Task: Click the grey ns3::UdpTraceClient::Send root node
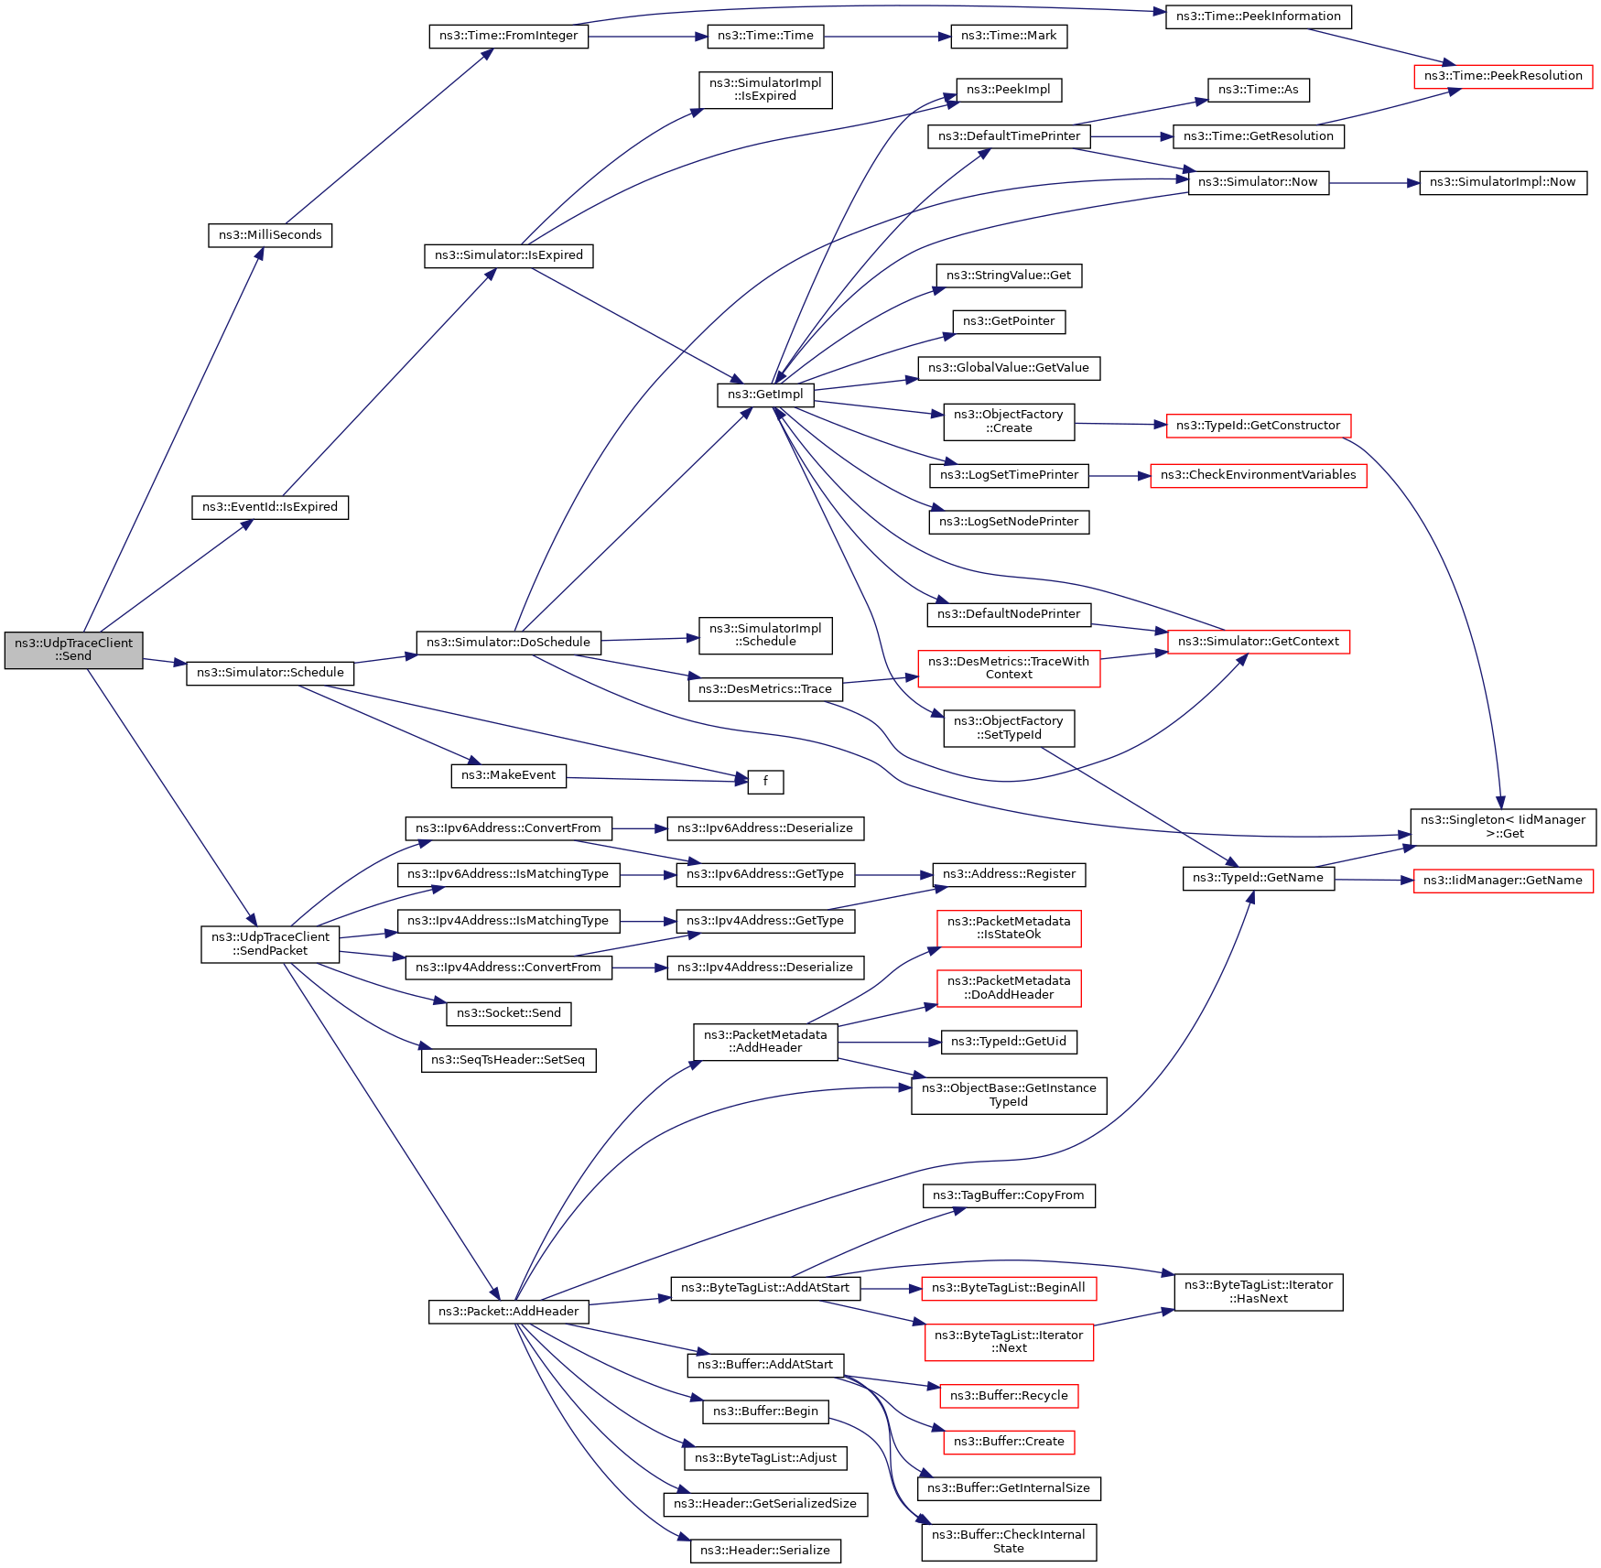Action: (x=73, y=650)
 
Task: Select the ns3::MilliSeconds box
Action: (x=270, y=235)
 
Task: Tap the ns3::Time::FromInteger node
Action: (x=508, y=37)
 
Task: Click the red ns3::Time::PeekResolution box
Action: (x=1503, y=76)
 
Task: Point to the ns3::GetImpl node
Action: (x=765, y=395)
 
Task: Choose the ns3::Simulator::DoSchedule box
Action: (x=508, y=643)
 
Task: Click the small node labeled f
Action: (x=765, y=782)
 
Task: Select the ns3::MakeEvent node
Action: (x=508, y=775)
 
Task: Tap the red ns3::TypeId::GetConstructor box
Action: (x=1258, y=426)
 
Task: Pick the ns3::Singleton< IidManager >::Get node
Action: (x=1503, y=827)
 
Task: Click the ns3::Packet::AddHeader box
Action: (x=508, y=1312)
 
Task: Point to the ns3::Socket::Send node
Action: (x=508, y=1013)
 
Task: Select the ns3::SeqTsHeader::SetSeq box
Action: (x=508, y=1060)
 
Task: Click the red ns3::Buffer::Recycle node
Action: (x=1009, y=1396)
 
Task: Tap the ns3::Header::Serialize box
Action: (x=765, y=1551)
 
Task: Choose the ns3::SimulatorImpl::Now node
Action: (x=1502, y=182)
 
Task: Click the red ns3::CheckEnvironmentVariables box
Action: (x=1258, y=475)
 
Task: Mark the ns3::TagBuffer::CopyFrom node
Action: (x=1008, y=1195)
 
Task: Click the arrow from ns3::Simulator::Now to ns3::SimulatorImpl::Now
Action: (x=1373, y=183)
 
